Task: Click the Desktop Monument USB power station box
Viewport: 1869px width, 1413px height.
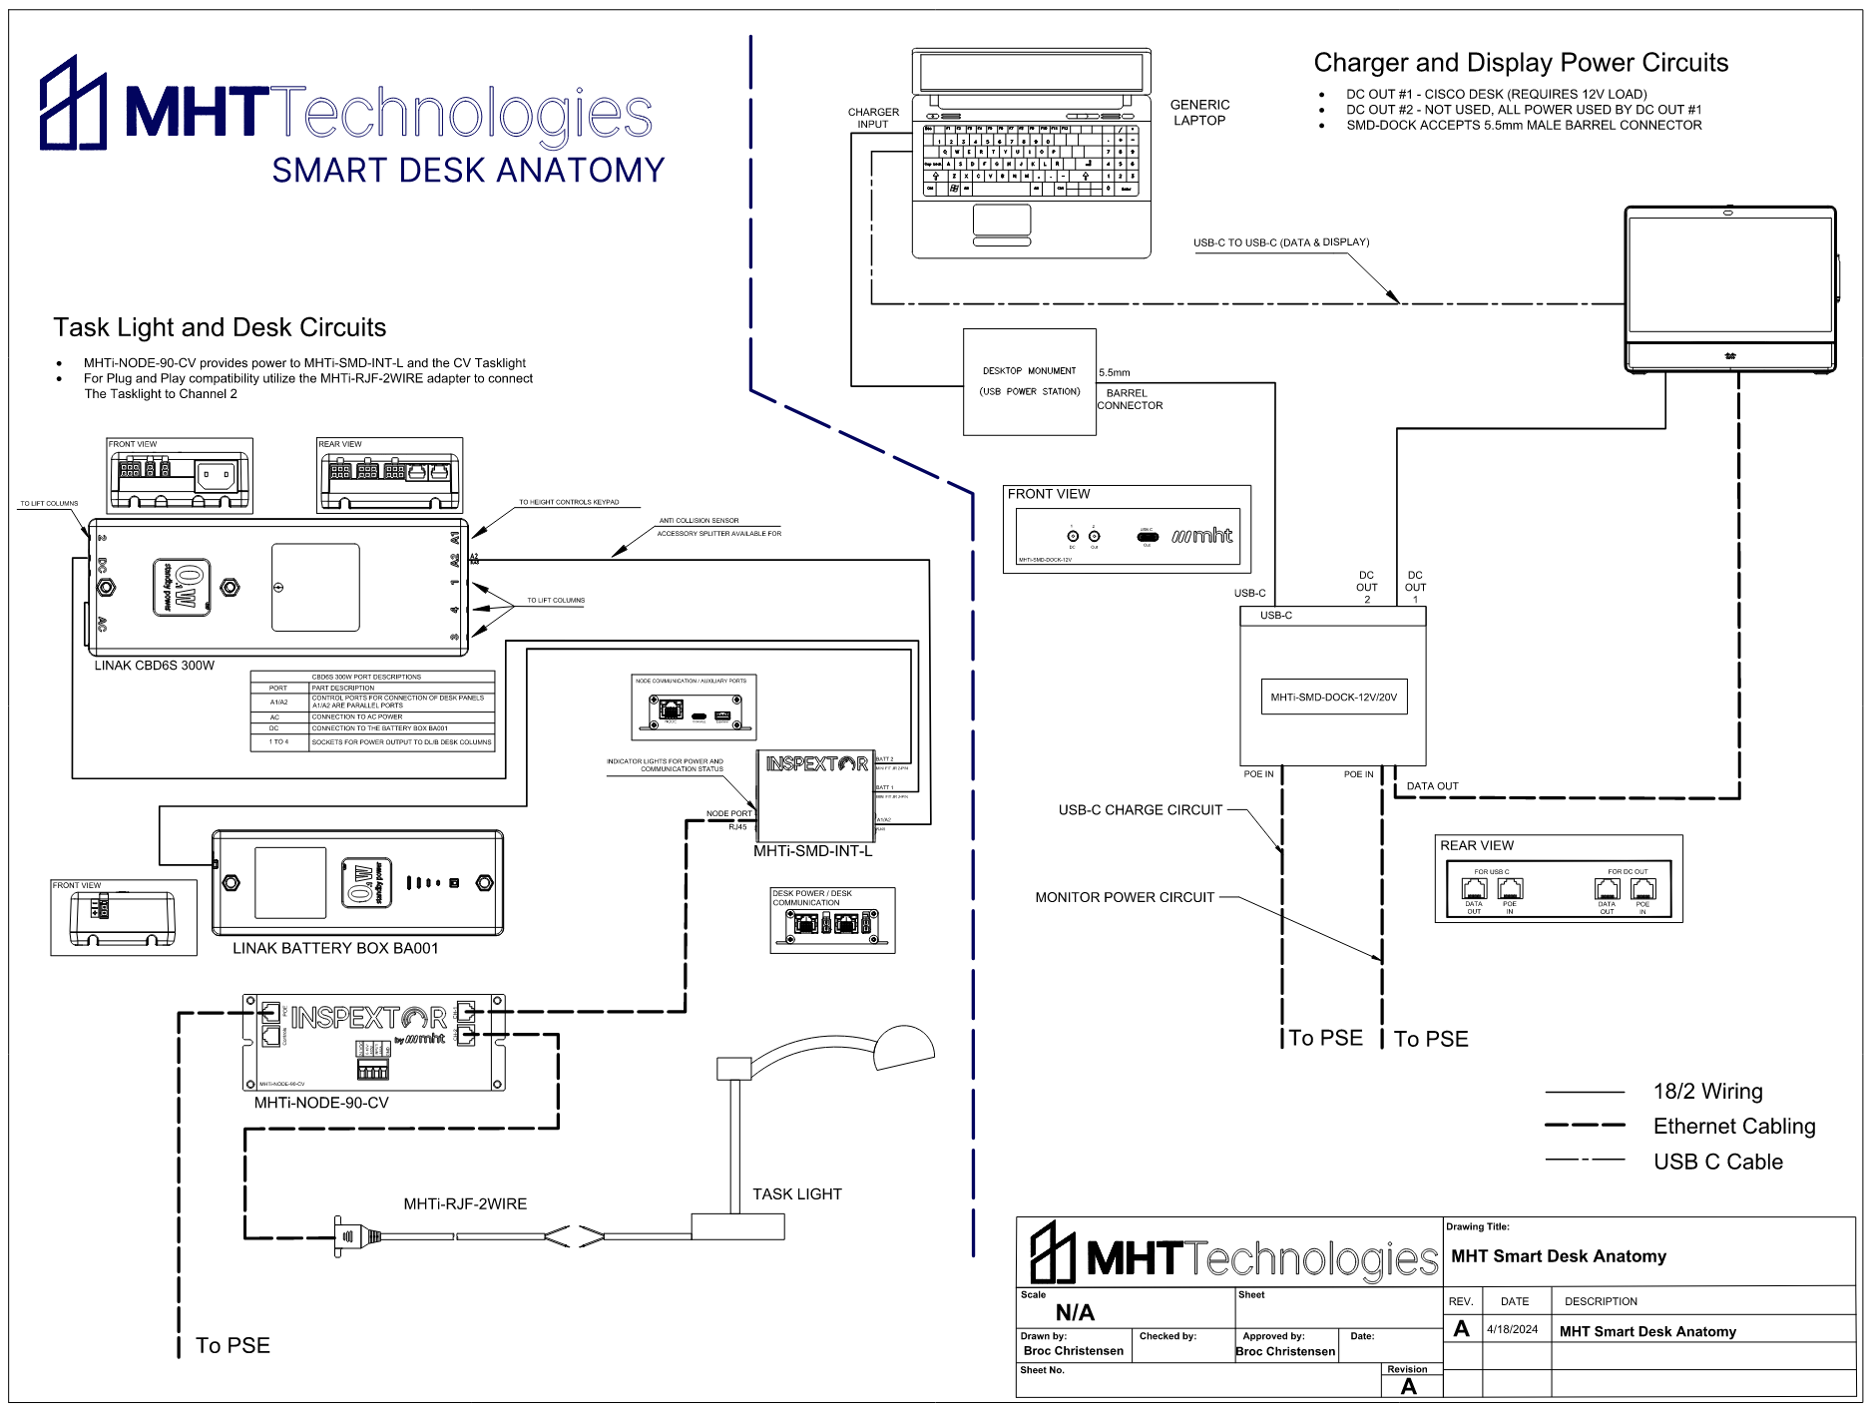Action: pos(1029,381)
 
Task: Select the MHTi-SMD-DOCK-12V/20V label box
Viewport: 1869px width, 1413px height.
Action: pos(1333,698)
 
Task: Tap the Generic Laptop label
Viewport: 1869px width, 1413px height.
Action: pos(1199,113)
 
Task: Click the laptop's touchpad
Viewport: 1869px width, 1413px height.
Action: pos(1001,220)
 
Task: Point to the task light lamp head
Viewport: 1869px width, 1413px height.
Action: pos(902,1046)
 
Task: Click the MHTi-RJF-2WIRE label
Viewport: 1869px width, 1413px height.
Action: pos(465,1203)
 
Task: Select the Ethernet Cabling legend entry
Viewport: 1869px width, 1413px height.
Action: pos(1733,1126)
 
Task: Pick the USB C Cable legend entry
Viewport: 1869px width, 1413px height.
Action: pos(1717,1162)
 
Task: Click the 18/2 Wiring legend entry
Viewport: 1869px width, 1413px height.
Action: pos(1707,1091)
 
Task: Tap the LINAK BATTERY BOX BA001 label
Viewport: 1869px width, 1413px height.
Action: pos(335,948)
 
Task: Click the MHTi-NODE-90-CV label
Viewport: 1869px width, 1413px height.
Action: pos(321,1103)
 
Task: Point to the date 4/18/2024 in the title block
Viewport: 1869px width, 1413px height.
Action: pos(1512,1329)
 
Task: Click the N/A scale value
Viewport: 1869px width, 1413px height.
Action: pos(1075,1312)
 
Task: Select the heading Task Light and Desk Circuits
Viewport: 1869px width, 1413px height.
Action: pos(220,327)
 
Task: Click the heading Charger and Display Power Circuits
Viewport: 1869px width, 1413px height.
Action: pos(1520,63)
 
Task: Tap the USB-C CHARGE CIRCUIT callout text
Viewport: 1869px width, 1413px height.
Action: pos(1140,810)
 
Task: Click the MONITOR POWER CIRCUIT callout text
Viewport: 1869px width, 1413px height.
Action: pos(1125,897)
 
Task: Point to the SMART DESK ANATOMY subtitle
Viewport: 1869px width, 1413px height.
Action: pos(468,171)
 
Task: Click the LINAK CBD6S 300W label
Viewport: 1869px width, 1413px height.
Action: pos(155,666)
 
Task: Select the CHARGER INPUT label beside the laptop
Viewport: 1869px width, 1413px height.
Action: pos(873,118)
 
